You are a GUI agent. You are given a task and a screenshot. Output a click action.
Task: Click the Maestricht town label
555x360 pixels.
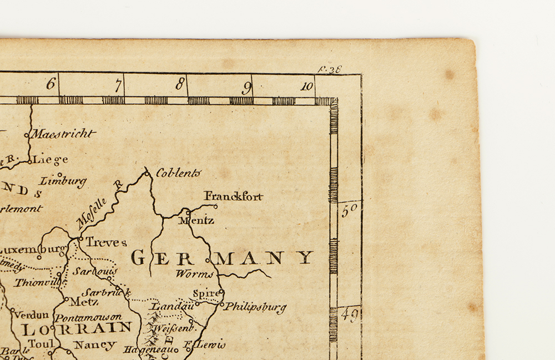(x=63, y=134)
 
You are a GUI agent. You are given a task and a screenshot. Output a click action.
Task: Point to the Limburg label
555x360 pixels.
(x=63, y=181)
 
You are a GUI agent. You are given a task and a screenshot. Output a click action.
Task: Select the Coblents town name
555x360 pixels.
(x=178, y=173)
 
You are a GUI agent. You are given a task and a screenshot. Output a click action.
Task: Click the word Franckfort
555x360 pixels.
(x=233, y=196)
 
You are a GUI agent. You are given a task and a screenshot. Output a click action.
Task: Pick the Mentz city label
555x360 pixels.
(x=196, y=220)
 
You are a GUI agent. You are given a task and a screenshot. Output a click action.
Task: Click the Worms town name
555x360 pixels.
(x=195, y=273)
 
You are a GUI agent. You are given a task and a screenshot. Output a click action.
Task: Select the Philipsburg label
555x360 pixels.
(x=255, y=306)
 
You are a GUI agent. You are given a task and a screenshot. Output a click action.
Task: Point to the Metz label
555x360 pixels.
(x=84, y=302)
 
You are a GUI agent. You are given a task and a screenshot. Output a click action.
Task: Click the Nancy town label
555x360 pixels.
(x=95, y=345)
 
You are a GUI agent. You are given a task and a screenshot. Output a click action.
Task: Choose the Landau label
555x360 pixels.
(x=171, y=305)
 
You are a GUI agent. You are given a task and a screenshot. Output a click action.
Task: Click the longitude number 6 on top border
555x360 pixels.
(x=51, y=84)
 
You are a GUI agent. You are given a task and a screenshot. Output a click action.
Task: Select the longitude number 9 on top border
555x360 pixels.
(x=247, y=87)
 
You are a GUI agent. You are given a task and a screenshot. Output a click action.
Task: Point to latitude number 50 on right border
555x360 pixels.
(x=350, y=210)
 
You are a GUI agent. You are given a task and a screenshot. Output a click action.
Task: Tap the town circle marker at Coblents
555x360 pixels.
(x=147, y=174)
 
